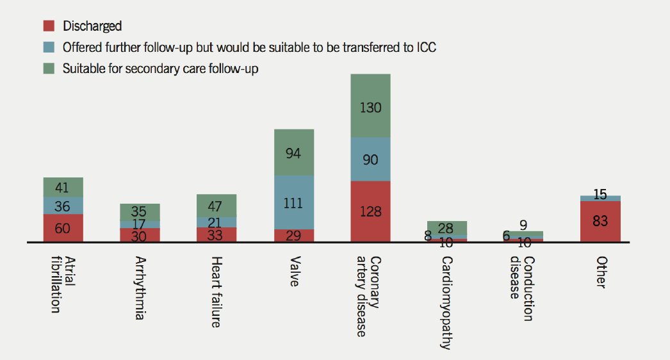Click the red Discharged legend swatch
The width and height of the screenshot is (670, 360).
pos(49,26)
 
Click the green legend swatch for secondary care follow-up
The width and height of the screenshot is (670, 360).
pos(49,69)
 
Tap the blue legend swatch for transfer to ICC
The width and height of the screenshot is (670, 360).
pos(49,47)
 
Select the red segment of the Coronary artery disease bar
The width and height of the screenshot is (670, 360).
pos(370,211)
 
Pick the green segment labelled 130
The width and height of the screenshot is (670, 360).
pos(370,106)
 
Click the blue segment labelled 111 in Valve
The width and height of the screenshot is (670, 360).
pos(294,202)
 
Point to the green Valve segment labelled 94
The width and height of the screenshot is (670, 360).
pos(294,152)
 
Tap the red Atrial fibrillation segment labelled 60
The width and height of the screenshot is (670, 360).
pos(63,228)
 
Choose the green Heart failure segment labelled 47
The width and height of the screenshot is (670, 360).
pos(217,206)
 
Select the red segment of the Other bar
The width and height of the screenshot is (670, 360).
pos(600,222)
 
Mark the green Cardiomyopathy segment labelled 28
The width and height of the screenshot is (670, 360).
pos(447,228)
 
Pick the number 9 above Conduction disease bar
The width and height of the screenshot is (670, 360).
pos(523,225)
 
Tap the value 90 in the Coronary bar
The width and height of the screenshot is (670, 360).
pos(370,160)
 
